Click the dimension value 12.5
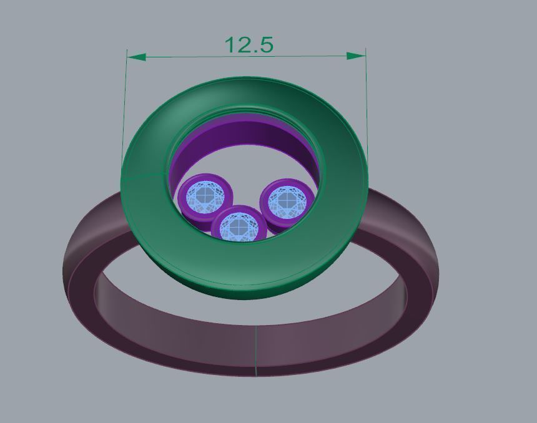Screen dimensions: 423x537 point(249,45)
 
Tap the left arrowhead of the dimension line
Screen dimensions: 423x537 point(136,57)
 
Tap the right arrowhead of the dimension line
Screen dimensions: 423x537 point(357,56)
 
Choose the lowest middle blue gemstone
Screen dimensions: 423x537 point(239,226)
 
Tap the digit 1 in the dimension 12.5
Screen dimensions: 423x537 point(229,45)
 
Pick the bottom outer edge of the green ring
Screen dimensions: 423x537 point(250,293)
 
